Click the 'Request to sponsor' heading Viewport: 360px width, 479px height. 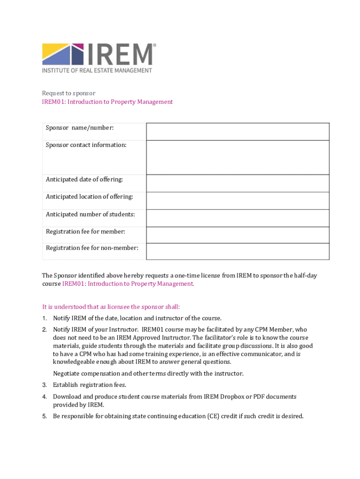(x=69, y=93)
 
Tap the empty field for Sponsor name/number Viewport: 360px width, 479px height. (x=238, y=131)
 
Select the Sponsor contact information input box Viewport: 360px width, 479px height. (x=238, y=157)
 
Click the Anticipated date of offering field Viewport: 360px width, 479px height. (x=238, y=183)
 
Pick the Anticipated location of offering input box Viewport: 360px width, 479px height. (x=238, y=200)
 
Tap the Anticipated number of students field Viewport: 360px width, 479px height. (x=238, y=218)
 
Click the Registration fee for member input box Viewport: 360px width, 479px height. (x=238, y=235)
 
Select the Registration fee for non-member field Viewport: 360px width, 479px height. (x=238, y=251)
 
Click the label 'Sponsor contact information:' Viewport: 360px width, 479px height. (x=86, y=145)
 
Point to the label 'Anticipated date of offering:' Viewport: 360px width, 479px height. (x=84, y=180)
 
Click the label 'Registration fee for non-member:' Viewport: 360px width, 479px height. (x=92, y=248)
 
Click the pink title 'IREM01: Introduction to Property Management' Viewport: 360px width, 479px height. (x=108, y=102)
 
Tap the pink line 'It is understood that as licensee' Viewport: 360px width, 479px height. (x=111, y=307)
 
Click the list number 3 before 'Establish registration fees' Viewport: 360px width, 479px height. (x=44, y=385)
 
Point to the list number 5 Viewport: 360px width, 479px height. (x=44, y=416)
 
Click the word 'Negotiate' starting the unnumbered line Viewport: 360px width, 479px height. (x=67, y=373)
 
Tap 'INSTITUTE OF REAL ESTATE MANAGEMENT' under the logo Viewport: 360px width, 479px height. (x=97, y=71)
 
